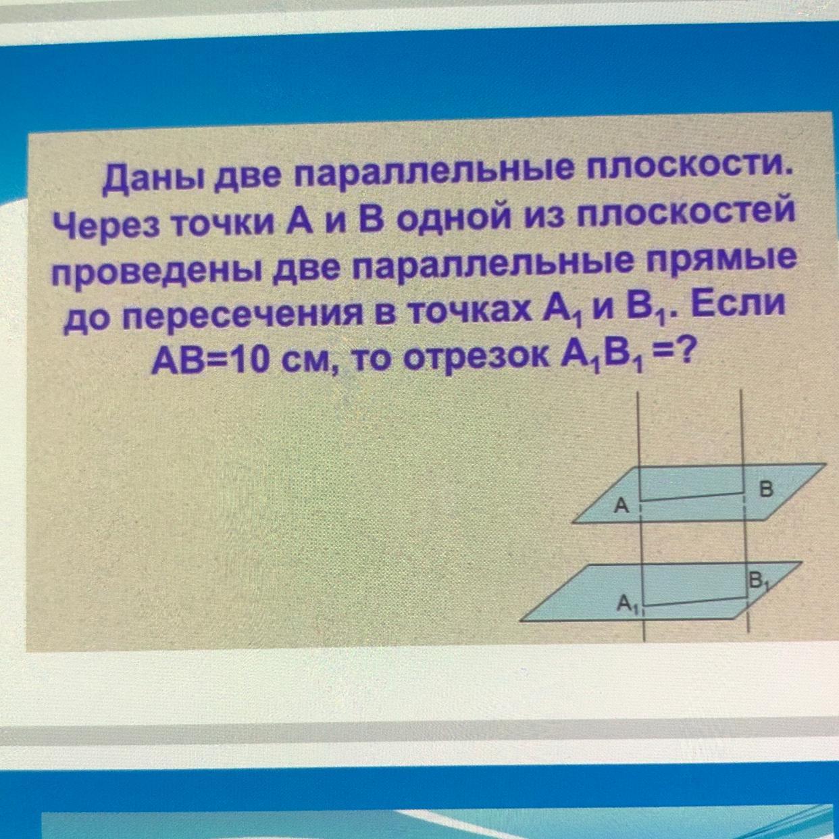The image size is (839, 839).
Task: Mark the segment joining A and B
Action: pos(692,497)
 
